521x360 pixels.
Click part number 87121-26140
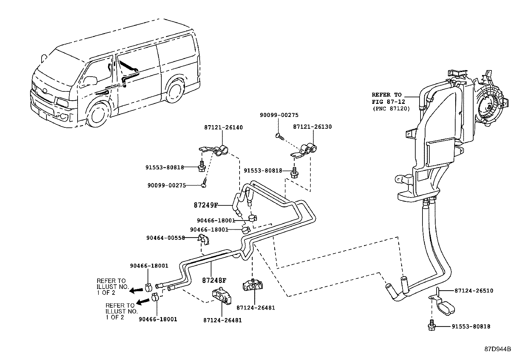coord(224,127)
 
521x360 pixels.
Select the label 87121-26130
coord(312,127)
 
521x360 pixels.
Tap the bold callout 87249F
coord(206,205)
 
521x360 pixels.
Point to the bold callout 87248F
coord(214,280)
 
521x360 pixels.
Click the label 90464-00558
coord(166,238)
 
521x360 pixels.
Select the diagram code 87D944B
coord(497,349)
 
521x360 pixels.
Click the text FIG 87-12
coord(388,102)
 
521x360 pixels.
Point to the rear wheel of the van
coord(174,91)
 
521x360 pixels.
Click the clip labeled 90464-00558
coord(203,240)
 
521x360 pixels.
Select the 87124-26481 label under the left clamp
coord(222,320)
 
